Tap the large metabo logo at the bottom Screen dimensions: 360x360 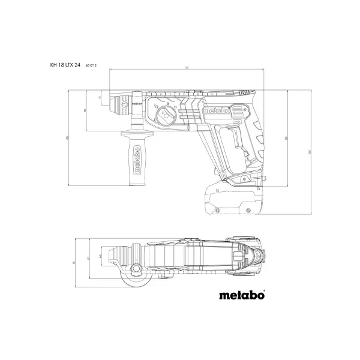tap(238, 296)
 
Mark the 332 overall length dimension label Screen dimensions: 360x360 tap(186, 68)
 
